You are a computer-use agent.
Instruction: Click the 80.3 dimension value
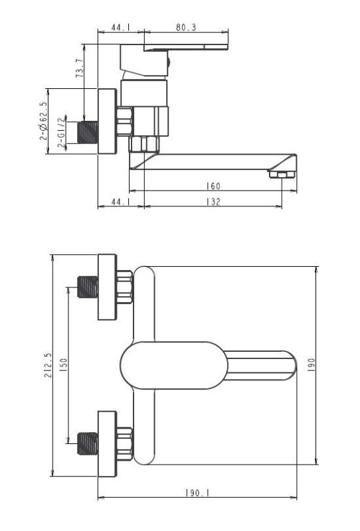[187, 28]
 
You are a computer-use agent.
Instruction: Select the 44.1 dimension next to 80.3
[120, 28]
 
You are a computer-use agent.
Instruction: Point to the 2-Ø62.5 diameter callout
[44, 121]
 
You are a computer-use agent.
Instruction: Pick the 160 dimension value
[213, 187]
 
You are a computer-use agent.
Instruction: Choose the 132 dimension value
[213, 202]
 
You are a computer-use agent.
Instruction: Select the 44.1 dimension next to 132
[120, 202]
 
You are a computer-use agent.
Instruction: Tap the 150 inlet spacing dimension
[63, 364]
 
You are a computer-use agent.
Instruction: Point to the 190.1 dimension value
[197, 493]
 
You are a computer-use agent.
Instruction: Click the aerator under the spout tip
[281, 174]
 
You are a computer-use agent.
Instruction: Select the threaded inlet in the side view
[87, 131]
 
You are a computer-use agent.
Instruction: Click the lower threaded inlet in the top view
[87, 443]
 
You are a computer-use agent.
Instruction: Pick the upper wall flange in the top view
[107, 287]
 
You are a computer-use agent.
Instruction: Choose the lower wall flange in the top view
[107, 443]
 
